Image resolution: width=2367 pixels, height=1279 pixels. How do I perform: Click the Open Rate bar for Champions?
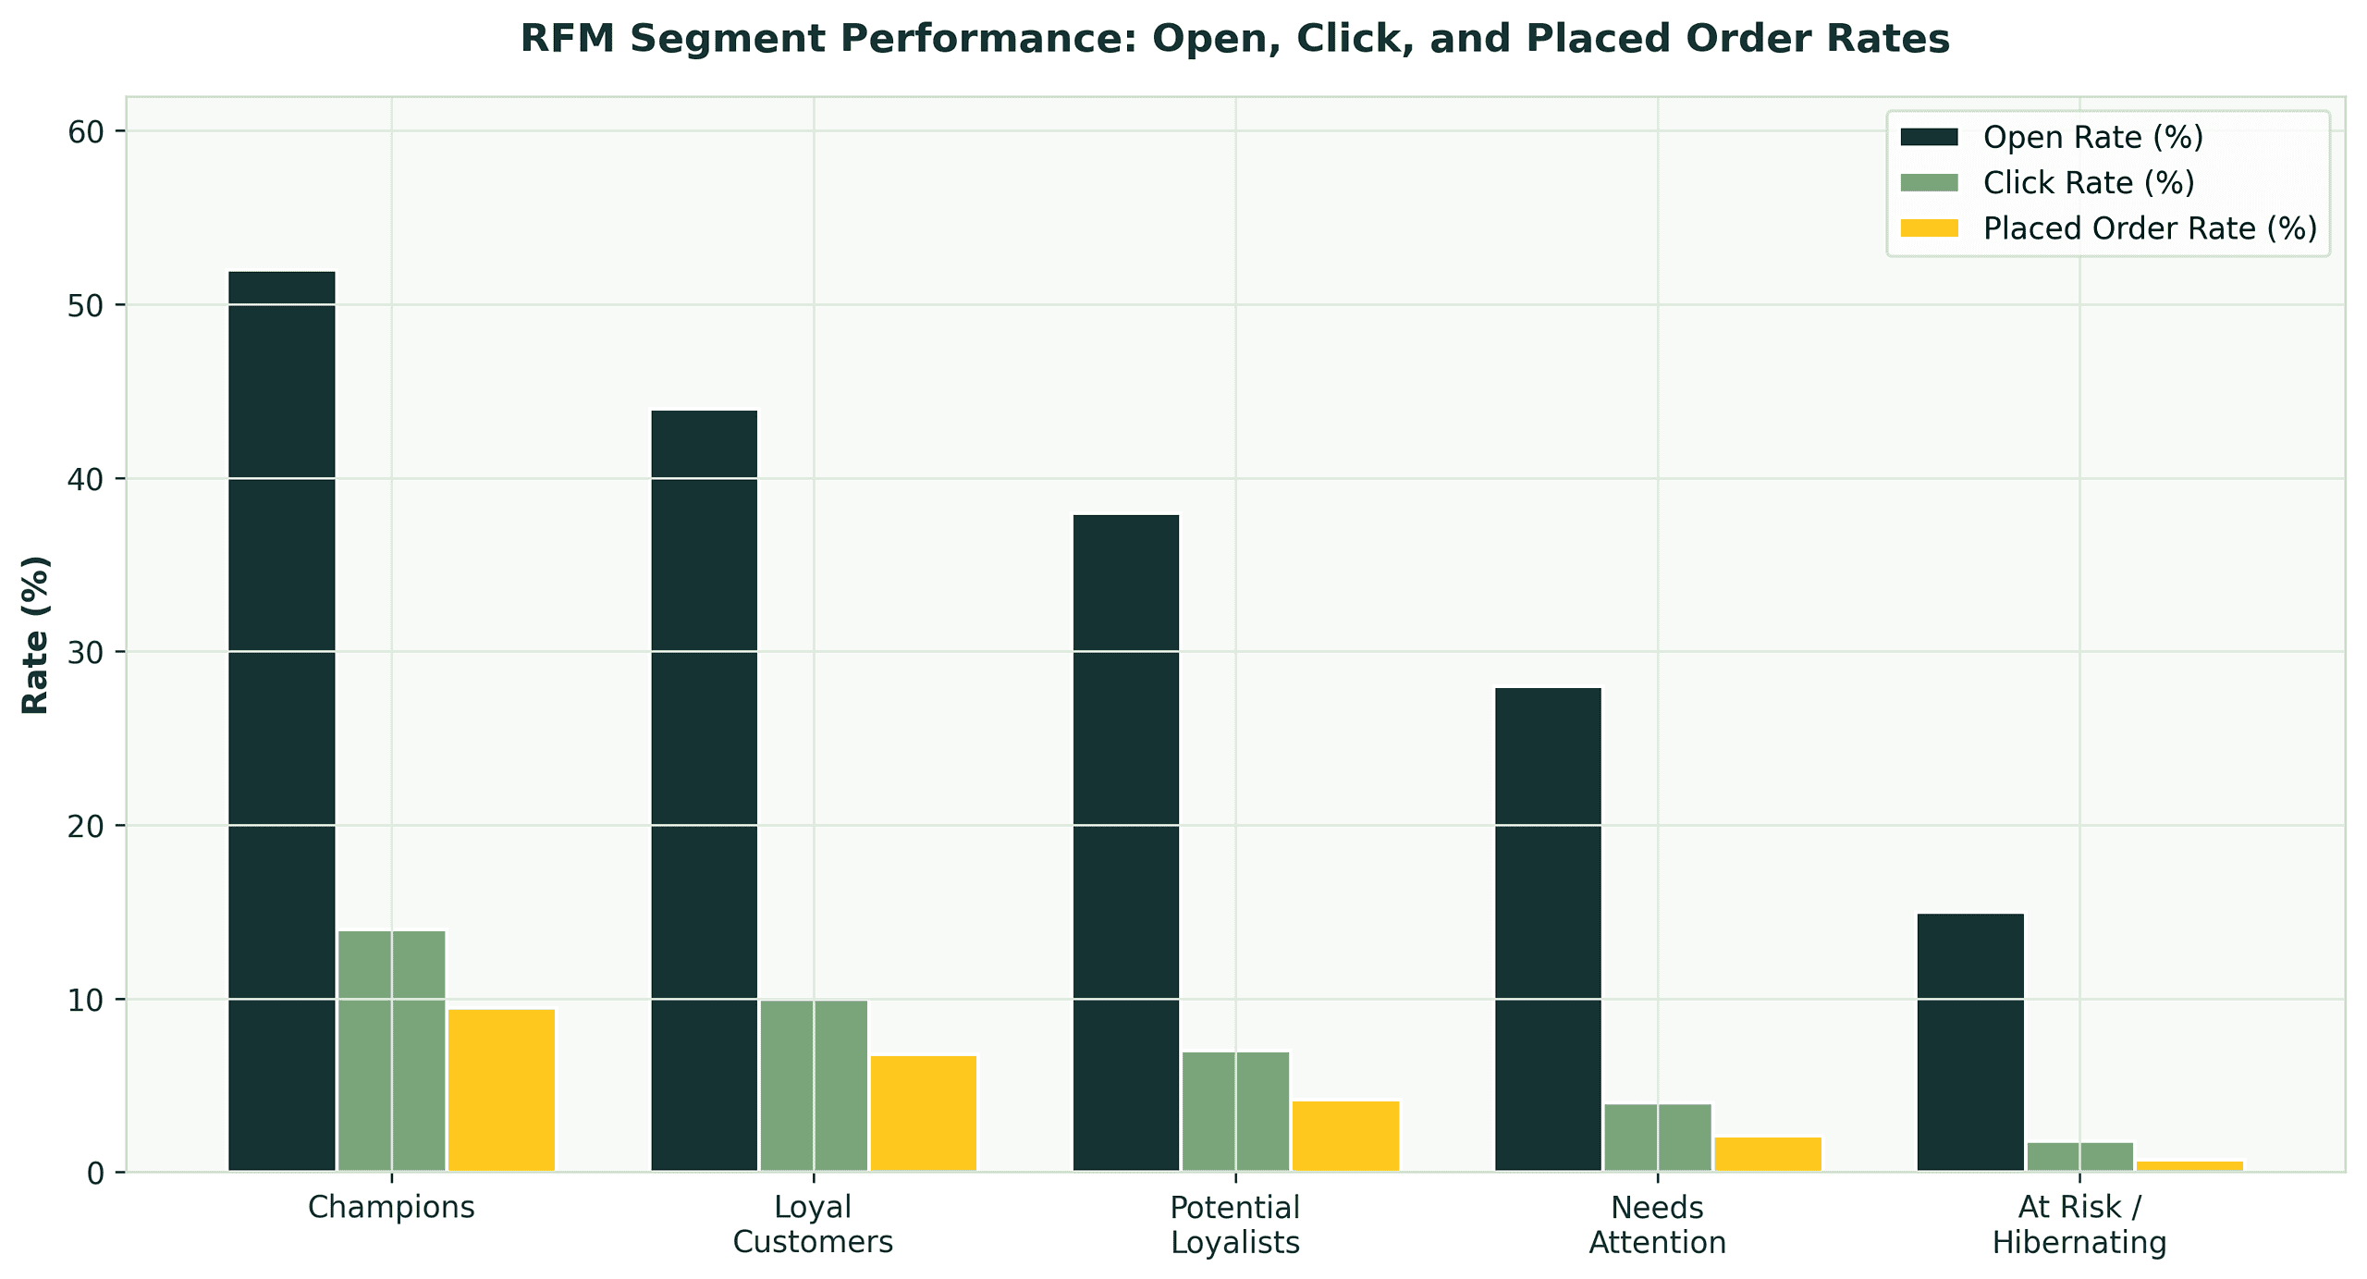[282, 721]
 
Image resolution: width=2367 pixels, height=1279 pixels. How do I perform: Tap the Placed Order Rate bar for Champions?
[501, 1090]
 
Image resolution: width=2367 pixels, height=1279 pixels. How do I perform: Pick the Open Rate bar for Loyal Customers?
[705, 791]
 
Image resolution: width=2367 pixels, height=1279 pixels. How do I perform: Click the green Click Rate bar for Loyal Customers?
[814, 1086]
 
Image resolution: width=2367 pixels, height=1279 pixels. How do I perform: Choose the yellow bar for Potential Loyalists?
[1345, 1137]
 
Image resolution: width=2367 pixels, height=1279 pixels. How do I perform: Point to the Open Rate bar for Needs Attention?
[1548, 929]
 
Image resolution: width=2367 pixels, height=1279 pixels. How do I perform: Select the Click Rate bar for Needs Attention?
[1658, 1138]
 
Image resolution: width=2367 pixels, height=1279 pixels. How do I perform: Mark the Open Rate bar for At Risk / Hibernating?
[1970, 1042]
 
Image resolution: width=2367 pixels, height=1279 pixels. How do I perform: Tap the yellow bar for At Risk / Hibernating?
[2189, 1166]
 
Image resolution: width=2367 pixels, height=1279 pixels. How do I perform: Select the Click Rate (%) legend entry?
[2089, 183]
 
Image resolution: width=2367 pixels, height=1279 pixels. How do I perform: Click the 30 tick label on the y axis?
[85, 653]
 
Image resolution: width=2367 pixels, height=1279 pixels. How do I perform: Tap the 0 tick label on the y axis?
[95, 1174]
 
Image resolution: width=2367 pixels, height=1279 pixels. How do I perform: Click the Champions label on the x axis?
[391, 1207]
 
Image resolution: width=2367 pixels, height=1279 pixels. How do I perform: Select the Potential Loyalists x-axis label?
[1235, 1224]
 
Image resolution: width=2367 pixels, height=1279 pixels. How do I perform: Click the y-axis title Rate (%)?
[35, 634]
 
